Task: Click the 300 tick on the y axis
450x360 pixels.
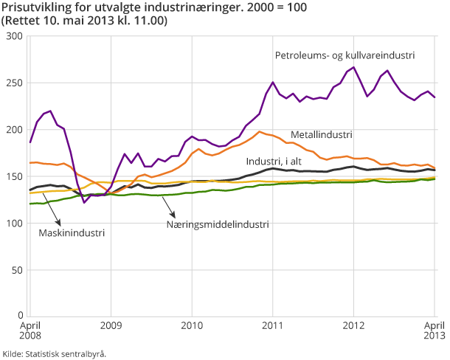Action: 13,35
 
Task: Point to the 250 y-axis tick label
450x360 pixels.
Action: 13,83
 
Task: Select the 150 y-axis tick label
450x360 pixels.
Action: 13,176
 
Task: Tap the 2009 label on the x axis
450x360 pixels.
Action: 111,325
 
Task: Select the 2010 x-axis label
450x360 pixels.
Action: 192,325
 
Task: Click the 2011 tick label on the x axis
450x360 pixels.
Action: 273,325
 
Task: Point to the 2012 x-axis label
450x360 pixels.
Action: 354,325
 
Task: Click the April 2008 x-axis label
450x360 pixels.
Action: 30,330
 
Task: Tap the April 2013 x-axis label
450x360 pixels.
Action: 434,330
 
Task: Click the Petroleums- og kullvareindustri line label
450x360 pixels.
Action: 345,55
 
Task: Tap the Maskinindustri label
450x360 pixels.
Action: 72,232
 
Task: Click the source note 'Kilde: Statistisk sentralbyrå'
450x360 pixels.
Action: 55,353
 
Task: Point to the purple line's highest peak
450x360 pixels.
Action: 354,67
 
